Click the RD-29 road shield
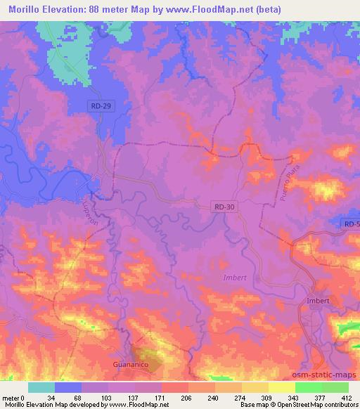point(100,105)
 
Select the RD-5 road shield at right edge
point(352,223)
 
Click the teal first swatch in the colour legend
point(41,387)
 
